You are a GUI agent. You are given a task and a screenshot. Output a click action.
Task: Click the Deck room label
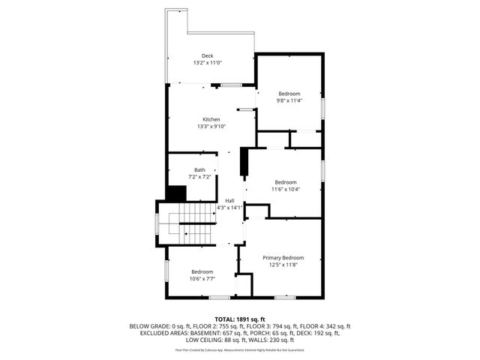pos(208,55)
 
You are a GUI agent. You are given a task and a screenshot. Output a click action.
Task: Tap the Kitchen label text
pos(211,119)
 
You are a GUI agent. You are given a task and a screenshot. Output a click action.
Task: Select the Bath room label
pos(199,169)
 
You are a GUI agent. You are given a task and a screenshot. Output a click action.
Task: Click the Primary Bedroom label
pos(283,257)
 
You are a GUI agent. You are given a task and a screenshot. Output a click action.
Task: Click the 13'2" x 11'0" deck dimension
pos(208,63)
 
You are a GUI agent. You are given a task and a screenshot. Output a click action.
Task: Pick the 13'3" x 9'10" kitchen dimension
pos(211,126)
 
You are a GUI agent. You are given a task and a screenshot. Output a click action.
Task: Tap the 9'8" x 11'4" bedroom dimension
pos(289,100)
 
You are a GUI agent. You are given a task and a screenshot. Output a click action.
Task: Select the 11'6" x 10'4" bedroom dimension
pos(285,189)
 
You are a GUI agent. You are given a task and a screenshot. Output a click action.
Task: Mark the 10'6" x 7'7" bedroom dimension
pos(202,278)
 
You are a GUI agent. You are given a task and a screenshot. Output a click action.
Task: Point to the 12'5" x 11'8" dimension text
pos(283,264)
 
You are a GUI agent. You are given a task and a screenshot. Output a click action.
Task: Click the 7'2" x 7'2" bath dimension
pos(199,176)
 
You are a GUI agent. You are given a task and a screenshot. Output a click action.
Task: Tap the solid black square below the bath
pos(176,193)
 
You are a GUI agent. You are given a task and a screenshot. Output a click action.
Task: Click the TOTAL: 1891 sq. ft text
pos(239,319)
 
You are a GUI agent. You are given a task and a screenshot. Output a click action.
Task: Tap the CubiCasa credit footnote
pos(239,349)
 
